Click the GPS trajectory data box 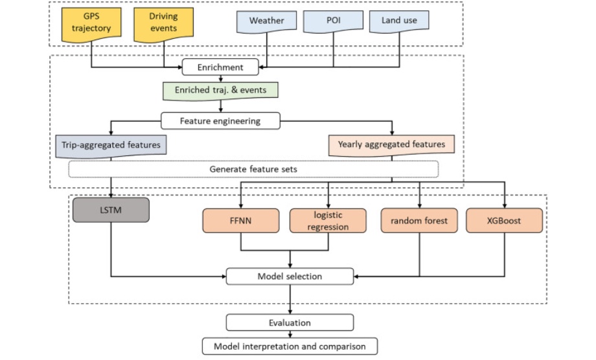[90, 24]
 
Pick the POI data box [333, 21]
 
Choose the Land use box [399, 21]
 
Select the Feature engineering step [220, 120]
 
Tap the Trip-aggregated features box [111, 145]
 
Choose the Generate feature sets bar [253, 169]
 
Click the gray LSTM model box [111, 210]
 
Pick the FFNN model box [241, 221]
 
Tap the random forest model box [419, 221]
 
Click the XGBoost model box [505, 221]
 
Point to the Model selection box [290, 276]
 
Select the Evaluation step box [290, 322]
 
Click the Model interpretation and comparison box [290, 346]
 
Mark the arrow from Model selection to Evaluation [290, 299]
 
